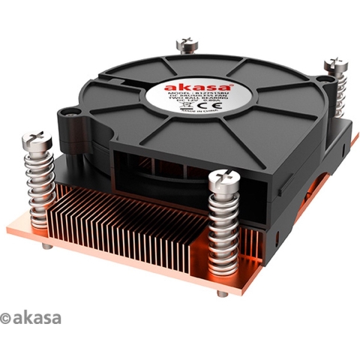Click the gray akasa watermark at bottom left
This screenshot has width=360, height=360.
coord(37,318)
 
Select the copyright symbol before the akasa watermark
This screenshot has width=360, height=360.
coord(7,319)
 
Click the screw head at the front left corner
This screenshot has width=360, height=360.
coord(36,139)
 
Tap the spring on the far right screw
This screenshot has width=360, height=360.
coord(334,94)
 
